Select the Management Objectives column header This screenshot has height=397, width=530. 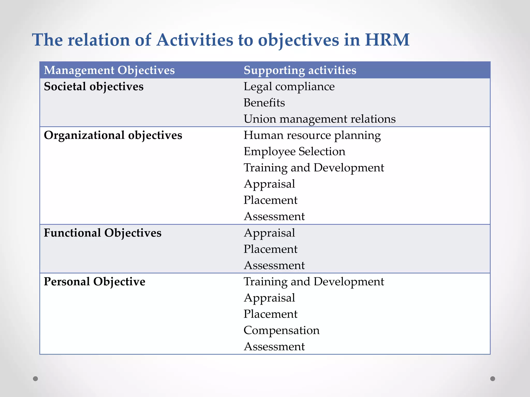coord(109,70)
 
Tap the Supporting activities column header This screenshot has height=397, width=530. coord(300,70)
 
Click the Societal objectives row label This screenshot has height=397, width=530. coord(93,87)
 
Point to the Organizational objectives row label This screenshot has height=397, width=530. coord(113,135)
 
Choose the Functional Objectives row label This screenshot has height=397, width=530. coord(102,233)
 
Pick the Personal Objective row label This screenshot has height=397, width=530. coord(94,281)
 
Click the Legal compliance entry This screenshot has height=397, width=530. coord(289,87)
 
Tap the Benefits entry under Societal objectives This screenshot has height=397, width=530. coord(264,103)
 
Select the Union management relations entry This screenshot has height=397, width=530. coord(320,119)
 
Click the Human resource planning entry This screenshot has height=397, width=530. coord(312,135)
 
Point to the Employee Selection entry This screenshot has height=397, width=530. coord(295,151)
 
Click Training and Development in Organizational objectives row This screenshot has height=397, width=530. coord(314,168)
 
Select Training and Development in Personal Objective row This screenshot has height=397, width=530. coord(314,281)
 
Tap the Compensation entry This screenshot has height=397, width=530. coord(282,330)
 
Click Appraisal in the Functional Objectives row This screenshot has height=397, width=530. coord(269,233)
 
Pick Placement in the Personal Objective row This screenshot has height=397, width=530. coord(270,314)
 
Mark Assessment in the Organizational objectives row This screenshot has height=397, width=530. coord(274,217)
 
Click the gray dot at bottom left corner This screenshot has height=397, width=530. coord(35,379)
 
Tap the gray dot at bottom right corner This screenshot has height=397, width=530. coord(493,379)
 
